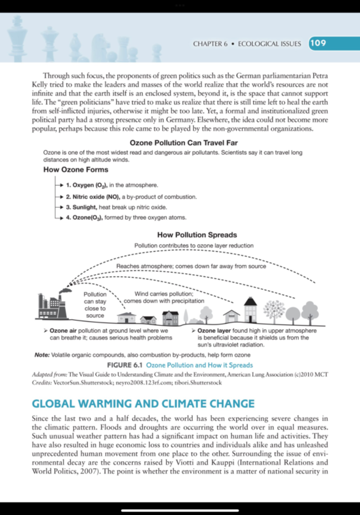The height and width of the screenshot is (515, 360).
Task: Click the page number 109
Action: [x=318, y=43]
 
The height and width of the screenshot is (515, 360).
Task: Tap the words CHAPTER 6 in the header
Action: [x=210, y=44]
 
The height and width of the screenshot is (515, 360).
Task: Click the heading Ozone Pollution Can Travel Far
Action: [x=184, y=143]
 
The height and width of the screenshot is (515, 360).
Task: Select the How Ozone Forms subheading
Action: [x=76, y=170]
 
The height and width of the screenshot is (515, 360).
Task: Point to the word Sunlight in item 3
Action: [x=84, y=207]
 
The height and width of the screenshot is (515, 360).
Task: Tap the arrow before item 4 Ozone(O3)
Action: [x=60, y=218]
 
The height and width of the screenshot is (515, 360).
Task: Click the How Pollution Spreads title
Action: [x=197, y=235]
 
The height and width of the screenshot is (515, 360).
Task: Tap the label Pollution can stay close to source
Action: [x=95, y=305]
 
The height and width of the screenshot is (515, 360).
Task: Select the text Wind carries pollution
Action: [x=164, y=294]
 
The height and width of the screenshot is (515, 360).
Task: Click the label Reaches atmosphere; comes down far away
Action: [x=191, y=266]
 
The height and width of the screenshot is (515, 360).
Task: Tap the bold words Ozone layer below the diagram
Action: [x=214, y=330]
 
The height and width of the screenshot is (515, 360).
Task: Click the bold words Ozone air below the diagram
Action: [x=63, y=330]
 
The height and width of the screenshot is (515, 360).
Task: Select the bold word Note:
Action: [x=42, y=355]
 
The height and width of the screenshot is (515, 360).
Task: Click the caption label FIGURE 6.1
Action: [x=125, y=365]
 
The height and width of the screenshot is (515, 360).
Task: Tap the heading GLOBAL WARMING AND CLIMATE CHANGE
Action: [x=143, y=404]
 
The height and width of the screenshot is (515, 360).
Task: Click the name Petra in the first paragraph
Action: [x=320, y=76]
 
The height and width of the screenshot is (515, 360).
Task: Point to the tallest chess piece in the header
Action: [x=17, y=39]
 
